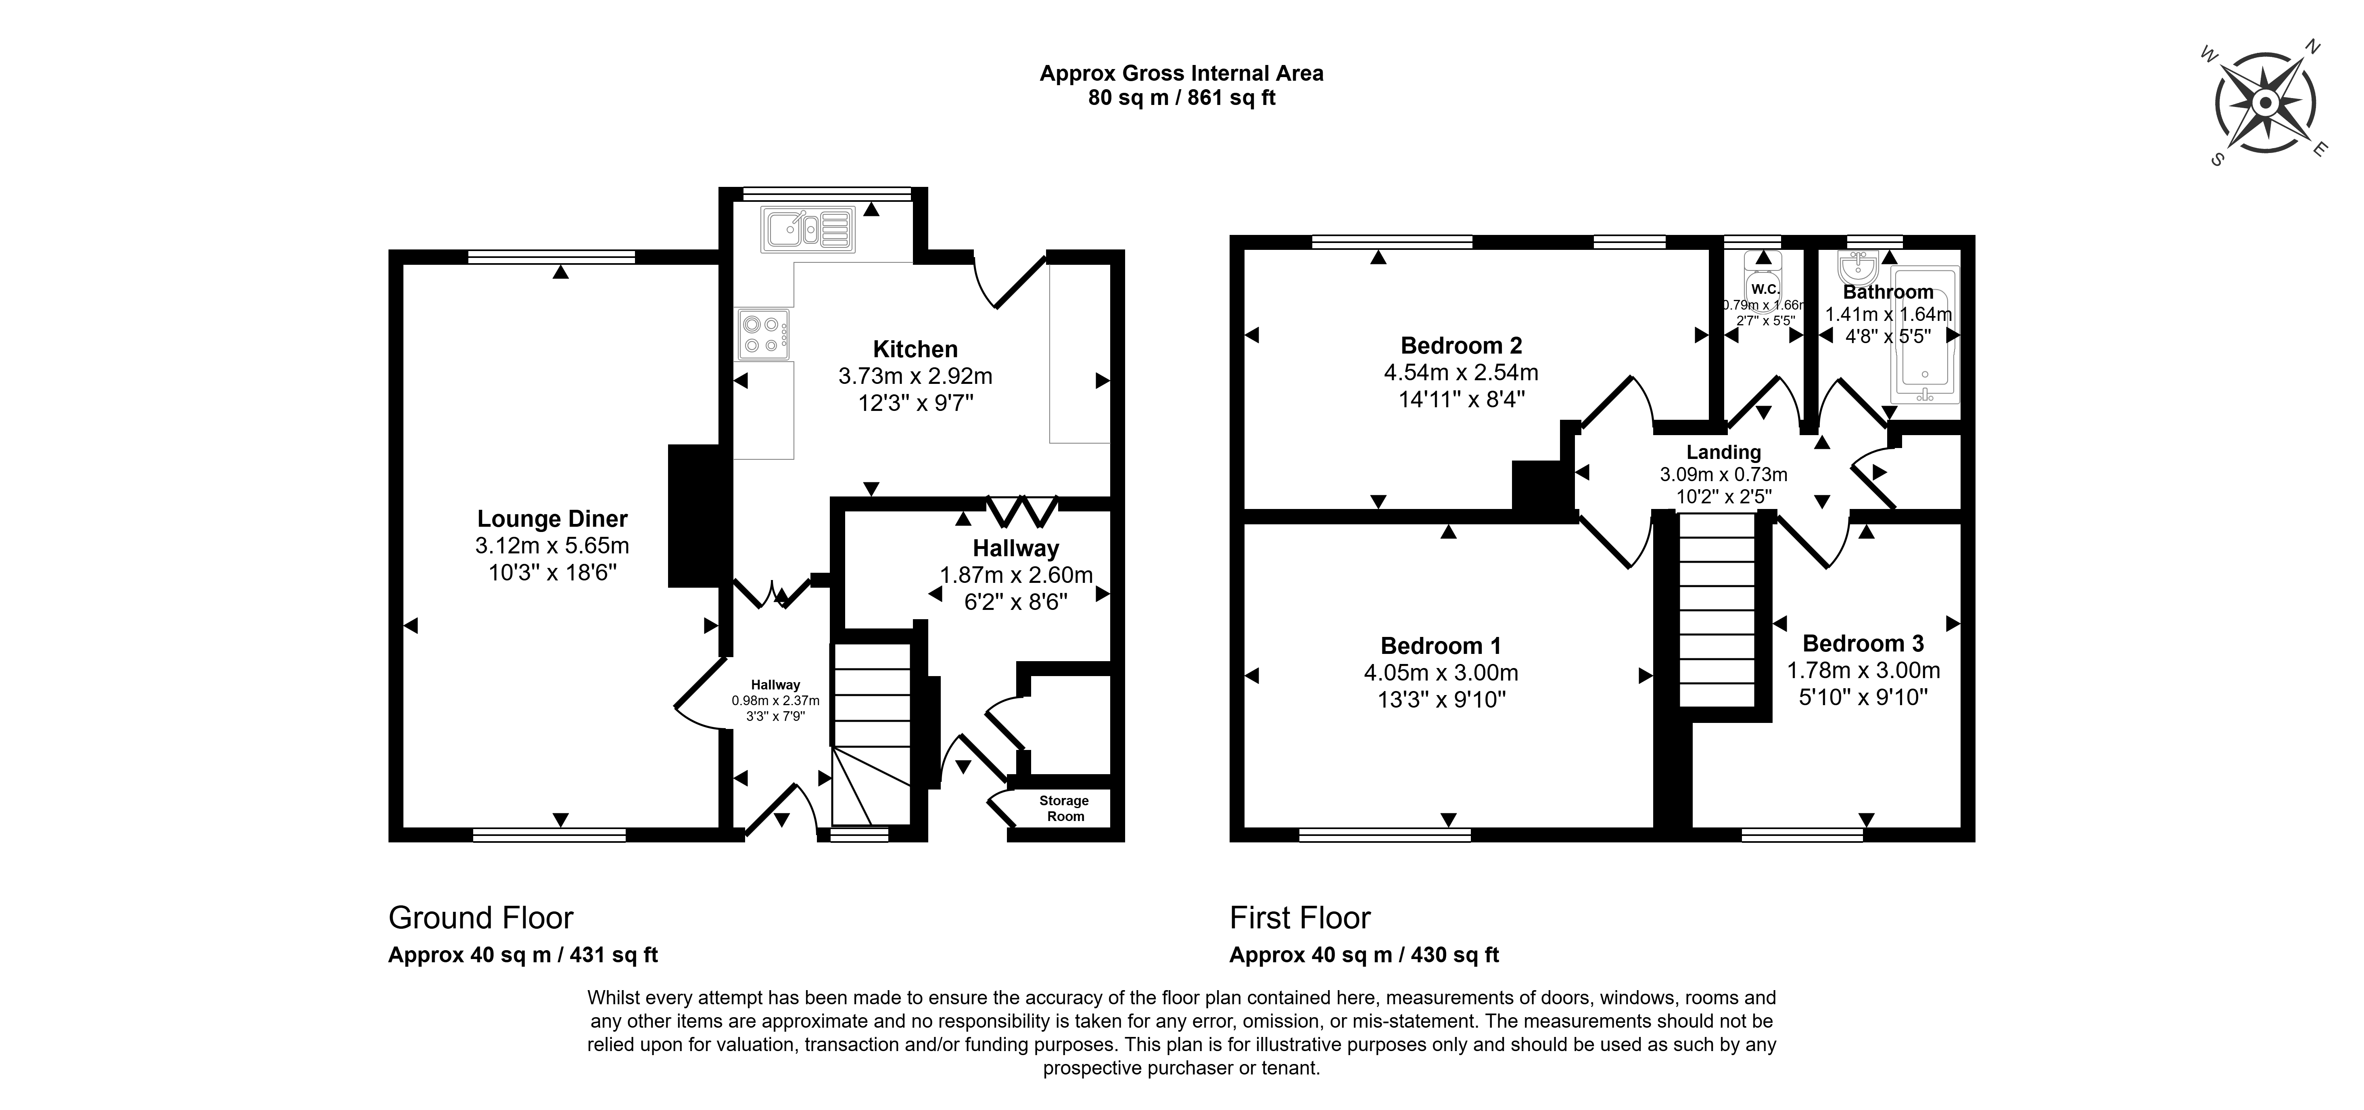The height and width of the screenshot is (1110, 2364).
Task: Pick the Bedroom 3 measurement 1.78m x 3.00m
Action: coord(1863,670)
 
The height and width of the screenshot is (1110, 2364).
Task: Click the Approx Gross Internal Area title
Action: coord(1181,73)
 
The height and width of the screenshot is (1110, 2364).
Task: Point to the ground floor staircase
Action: coord(870,735)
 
